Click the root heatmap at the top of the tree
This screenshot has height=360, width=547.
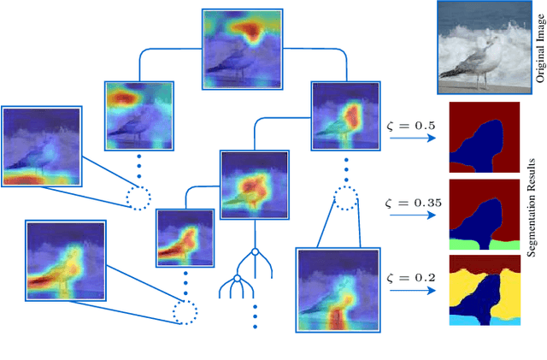(x=242, y=50)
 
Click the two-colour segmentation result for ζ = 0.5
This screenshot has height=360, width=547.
(x=484, y=138)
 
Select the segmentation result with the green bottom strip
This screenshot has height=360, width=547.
(x=484, y=214)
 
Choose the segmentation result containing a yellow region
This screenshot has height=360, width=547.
(x=484, y=291)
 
